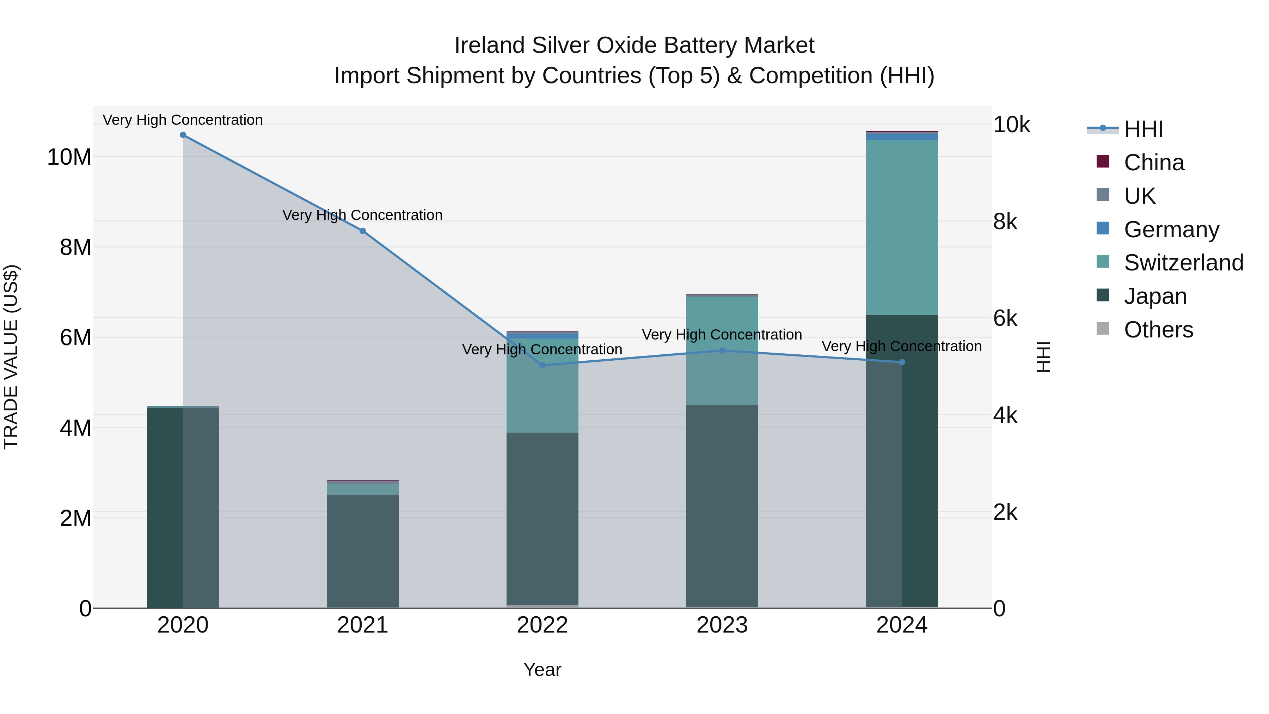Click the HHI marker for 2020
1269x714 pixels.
pyautogui.click(x=183, y=135)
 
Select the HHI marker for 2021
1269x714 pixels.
pyautogui.click(x=363, y=231)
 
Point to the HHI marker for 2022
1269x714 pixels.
pyautogui.click(x=542, y=365)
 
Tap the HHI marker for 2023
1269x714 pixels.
pyautogui.click(x=722, y=350)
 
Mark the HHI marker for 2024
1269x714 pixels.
pyautogui.click(x=902, y=362)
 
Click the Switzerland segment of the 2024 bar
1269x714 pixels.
pyautogui.click(x=902, y=227)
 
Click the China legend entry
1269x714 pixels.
pyautogui.click(x=1154, y=163)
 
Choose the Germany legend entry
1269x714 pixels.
pyautogui.click(x=1171, y=230)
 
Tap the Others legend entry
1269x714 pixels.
pyautogui.click(x=1158, y=330)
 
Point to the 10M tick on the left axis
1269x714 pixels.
pyautogui.click(x=69, y=157)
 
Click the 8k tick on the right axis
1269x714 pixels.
pyautogui.click(x=1005, y=222)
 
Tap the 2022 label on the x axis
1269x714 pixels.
pyautogui.click(x=542, y=625)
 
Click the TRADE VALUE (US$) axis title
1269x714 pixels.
pyautogui.click(x=11, y=357)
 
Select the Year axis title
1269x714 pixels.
pyautogui.click(x=542, y=670)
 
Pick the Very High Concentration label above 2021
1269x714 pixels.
pyautogui.click(x=363, y=215)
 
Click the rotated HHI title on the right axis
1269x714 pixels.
pyautogui.click(x=1044, y=357)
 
